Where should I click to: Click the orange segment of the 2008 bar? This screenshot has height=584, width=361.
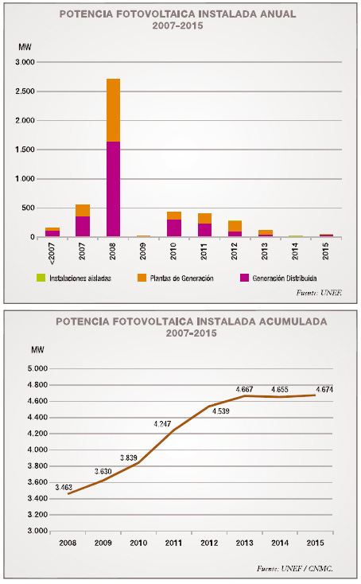113,111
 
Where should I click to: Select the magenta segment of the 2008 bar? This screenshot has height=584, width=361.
113,189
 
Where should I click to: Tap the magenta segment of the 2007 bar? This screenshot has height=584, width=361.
83,227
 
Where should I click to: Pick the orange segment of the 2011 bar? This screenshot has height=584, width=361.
204,219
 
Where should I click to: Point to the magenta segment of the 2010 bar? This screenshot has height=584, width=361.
174,228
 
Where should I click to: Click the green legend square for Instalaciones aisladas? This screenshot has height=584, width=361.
41,278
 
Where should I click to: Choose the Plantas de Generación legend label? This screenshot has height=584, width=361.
182,278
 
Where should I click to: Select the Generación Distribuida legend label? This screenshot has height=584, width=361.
285,278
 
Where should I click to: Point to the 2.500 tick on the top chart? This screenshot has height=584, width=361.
25,91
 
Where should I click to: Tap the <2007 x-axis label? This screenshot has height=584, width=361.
52,254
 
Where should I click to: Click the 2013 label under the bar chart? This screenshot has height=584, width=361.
265,251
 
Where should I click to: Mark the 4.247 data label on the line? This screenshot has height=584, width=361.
162,424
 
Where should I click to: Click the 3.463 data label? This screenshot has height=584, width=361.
64,488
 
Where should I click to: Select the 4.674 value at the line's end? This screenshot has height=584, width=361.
324,390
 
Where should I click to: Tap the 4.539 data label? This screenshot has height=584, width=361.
221,411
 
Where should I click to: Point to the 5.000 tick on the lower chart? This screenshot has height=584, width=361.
37,368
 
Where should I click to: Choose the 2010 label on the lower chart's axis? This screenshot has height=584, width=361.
138,543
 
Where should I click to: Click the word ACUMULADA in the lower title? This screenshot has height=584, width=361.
293,321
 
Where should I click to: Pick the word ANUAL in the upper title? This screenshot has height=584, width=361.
278,14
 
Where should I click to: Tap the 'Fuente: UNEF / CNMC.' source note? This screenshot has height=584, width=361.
295,569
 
